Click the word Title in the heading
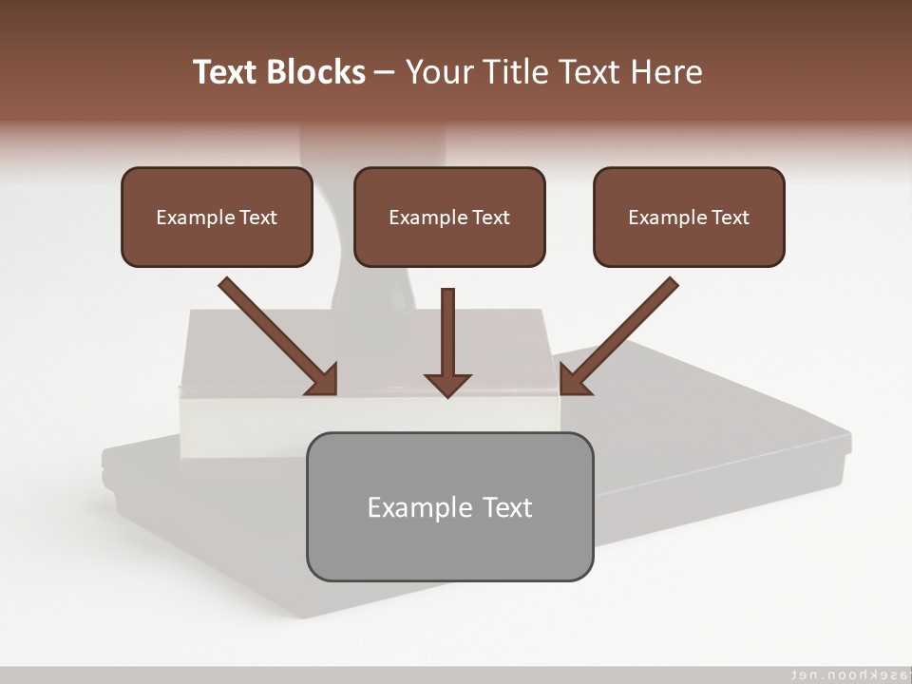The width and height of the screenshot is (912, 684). (x=518, y=72)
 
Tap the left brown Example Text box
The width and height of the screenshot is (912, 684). (x=217, y=218)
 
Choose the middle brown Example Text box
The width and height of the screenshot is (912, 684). (x=449, y=218)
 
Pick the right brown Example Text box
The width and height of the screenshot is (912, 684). (x=689, y=218)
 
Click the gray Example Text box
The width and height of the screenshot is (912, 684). (x=449, y=506)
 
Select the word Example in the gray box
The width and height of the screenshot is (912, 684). (x=419, y=506)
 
